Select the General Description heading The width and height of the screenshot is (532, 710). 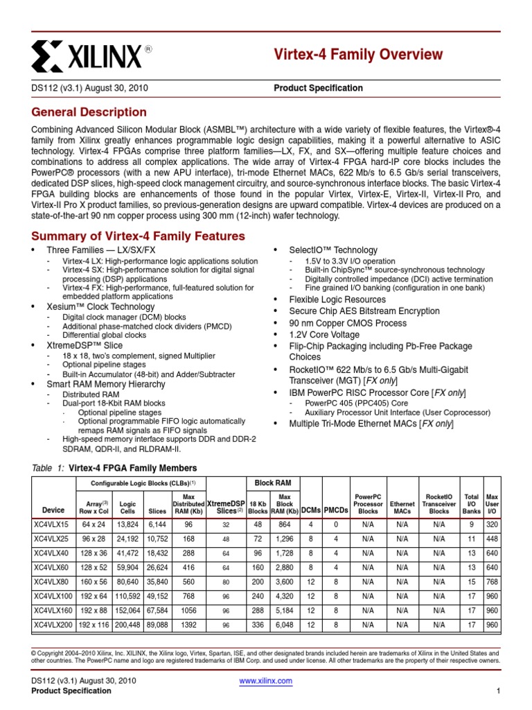[x=89, y=112]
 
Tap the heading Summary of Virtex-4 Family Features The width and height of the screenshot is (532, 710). [x=139, y=236]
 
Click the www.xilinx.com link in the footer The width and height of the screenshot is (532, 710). [x=265, y=681]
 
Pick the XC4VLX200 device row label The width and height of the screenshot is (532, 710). [x=55, y=625]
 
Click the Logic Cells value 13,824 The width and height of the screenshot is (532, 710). [x=127, y=525]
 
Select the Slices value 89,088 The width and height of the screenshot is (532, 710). [x=157, y=625]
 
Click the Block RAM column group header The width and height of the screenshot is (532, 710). [x=270, y=483]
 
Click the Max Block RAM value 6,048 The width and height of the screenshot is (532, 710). [x=284, y=625]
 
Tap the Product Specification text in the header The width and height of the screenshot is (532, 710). [x=318, y=88]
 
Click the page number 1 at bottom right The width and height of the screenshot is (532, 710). [x=498, y=691]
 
